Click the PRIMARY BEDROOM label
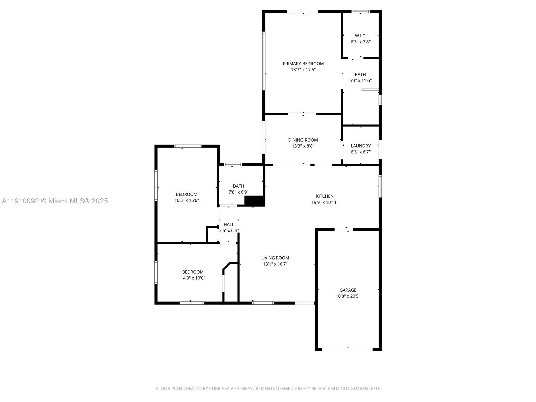tap(303, 64)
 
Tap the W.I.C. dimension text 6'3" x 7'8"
tap(360, 42)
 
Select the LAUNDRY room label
tap(360, 146)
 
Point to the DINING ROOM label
tap(303, 140)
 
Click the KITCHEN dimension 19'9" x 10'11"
tap(325, 202)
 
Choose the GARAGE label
tap(348, 290)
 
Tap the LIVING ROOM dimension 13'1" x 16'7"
tap(275, 264)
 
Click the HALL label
tap(229, 224)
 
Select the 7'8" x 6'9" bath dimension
tap(238, 192)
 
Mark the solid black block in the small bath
tap(255, 201)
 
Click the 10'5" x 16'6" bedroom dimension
tap(186, 200)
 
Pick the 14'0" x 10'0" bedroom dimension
tap(193, 278)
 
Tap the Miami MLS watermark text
tap(55, 201)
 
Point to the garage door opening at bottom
tap(347, 349)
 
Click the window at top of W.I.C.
tap(361, 12)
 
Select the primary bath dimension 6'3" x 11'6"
tap(360, 80)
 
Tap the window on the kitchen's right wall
tap(380, 186)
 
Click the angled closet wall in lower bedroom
tap(226, 266)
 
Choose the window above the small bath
tap(233, 164)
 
